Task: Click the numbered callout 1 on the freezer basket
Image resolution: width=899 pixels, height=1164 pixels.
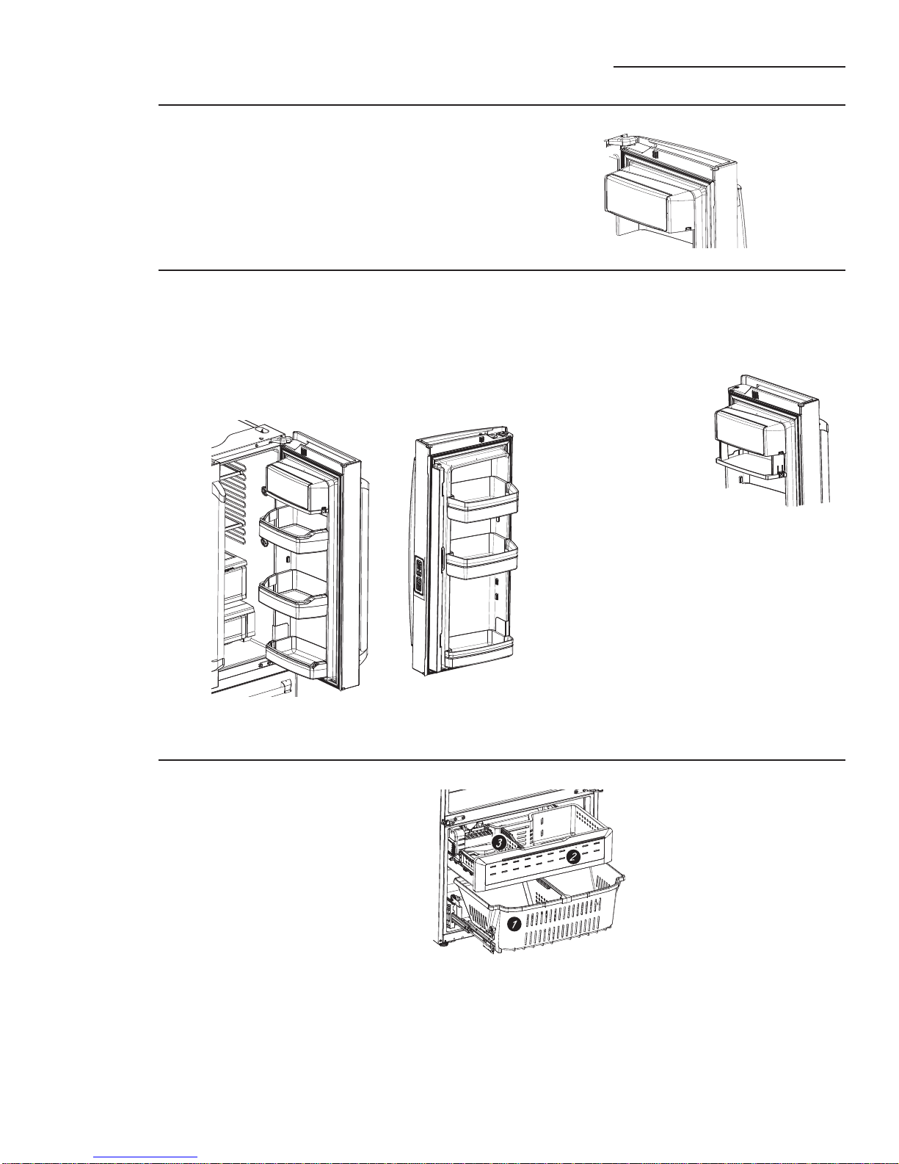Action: [514, 924]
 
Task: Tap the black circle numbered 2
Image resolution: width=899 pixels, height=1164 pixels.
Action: [573, 856]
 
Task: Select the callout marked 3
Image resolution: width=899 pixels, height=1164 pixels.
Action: [499, 842]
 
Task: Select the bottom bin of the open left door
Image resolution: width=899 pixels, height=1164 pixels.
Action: [296, 658]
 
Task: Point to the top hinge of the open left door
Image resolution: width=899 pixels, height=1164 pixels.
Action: [280, 439]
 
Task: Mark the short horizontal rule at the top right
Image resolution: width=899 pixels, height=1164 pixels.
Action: [729, 67]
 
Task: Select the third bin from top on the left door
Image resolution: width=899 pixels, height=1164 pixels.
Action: [294, 595]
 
